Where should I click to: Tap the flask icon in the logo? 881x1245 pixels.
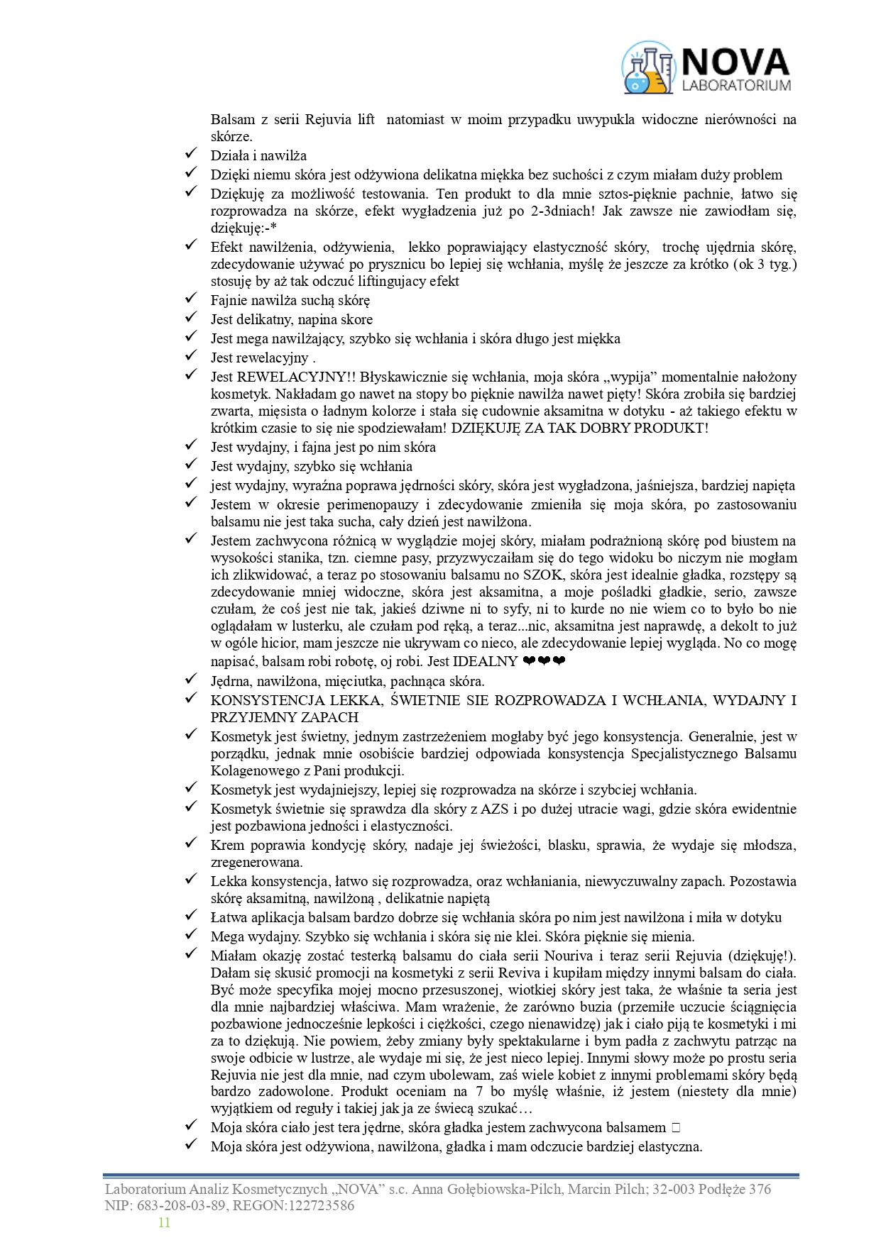pyautogui.click(x=647, y=68)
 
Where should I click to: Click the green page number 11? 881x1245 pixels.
pyautogui.click(x=164, y=1222)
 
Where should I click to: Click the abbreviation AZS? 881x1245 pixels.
pyautogui.click(x=495, y=809)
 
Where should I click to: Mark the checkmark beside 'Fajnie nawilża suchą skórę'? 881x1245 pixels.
pyautogui.click(x=190, y=300)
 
